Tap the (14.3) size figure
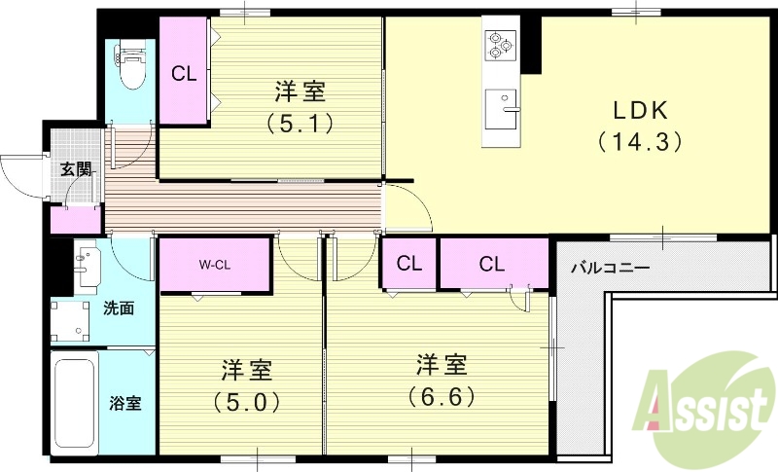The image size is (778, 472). tap(642, 141)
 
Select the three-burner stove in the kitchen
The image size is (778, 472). tap(500, 45)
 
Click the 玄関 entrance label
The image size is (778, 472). tap(75, 168)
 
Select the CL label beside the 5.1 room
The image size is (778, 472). tap(183, 73)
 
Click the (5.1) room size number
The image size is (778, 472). tap(300, 124)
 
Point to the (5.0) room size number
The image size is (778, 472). tap(246, 401)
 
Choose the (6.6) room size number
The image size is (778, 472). tap(442, 397)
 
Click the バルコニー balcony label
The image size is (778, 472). tap(610, 266)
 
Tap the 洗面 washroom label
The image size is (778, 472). tap(119, 309)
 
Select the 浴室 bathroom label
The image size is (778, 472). tap(125, 402)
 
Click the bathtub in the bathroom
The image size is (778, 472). tap(76, 403)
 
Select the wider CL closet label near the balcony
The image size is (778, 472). tap(491, 263)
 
